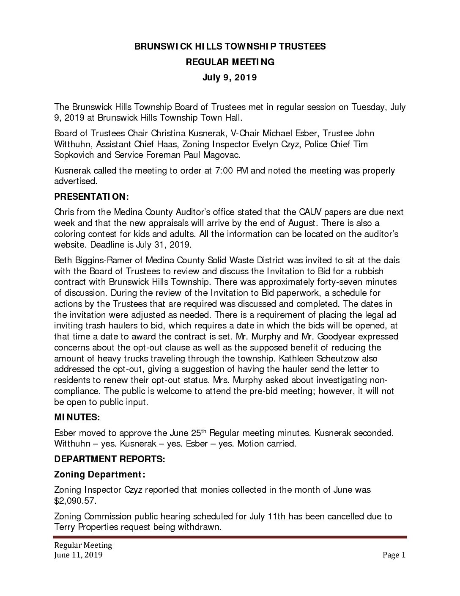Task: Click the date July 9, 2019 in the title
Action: point(230,77)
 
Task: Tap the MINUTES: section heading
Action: point(77,417)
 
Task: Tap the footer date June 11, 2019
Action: point(78,555)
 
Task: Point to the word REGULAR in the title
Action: point(206,62)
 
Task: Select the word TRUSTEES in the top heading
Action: point(304,47)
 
